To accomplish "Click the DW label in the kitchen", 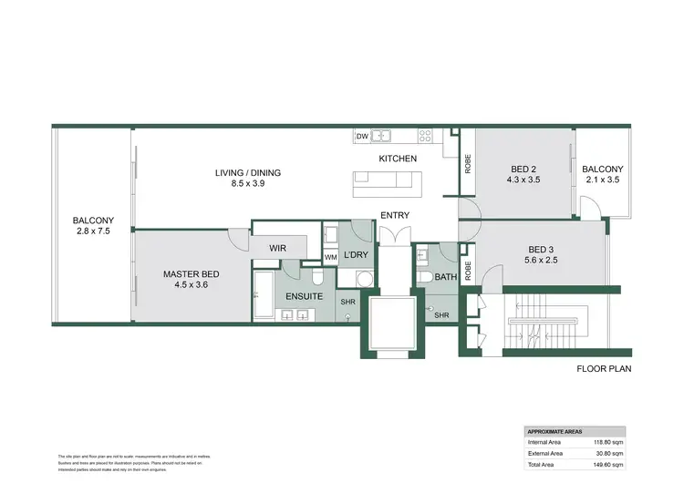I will tap(362, 136).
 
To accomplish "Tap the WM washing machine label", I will tap(330, 256).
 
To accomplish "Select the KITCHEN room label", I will tap(398, 159).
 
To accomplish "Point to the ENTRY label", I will tap(395, 216).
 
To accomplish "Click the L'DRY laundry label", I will tap(354, 256).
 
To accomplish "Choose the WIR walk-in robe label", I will tap(279, 247).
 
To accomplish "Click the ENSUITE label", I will tap(304, 296).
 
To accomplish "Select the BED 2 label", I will tap(523, 169).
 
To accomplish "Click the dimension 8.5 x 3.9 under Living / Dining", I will tap(247, 184).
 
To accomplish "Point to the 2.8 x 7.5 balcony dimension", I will tap(93, 231).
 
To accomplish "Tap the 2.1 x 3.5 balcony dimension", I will tap(603, 180).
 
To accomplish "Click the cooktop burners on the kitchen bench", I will tap(424, 136).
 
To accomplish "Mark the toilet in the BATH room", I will tap(425, 277).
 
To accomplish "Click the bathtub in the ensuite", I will tap(265, 294).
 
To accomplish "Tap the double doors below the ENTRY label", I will tap(394, 235).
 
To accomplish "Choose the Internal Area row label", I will tap(545, 442).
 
